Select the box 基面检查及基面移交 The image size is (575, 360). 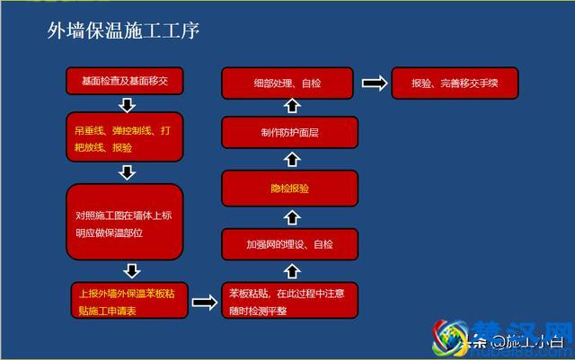125,83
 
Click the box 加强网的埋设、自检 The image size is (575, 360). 289,243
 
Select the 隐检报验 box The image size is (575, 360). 289,189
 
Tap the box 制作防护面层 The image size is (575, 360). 289,135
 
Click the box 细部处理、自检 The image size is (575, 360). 289,83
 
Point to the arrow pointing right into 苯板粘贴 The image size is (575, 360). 205,302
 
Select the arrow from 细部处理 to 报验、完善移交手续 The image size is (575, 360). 374,83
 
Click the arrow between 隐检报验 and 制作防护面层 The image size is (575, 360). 290,162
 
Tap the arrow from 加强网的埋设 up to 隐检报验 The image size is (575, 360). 290,216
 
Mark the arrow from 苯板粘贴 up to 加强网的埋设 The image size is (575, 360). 290,271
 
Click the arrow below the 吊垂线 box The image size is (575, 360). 126,172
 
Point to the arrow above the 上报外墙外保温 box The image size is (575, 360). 131,270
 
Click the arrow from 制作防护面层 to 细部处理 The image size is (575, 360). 290,109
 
